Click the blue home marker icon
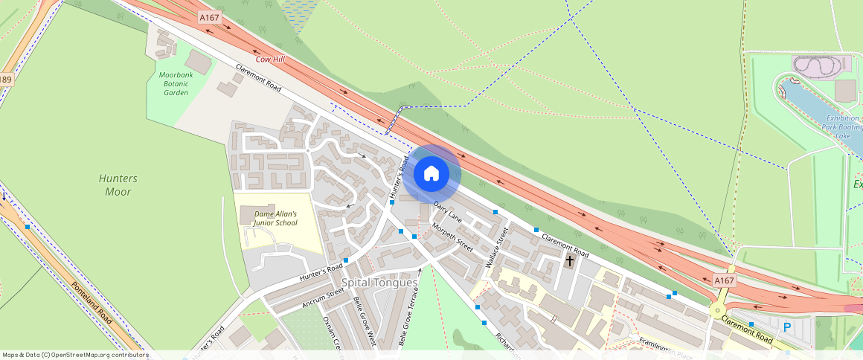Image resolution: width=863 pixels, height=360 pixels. pos(431,174)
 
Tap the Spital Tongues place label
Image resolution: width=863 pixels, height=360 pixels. pos(376,283)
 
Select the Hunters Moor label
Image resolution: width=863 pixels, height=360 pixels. pos(118,185)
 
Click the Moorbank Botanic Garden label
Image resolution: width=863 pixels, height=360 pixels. pos(176,83)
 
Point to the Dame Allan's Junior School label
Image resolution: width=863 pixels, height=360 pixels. pos(275,218)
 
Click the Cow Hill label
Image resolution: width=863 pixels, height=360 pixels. pos(270,59)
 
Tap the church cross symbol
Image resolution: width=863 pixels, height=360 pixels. pos(571,261)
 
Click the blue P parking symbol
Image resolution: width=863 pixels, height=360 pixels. pos(786,327)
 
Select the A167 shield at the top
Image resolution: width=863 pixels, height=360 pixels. pos(210,16)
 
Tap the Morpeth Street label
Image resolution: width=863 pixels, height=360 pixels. pos(452,238)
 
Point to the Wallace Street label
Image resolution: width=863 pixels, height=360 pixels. pos(496,248)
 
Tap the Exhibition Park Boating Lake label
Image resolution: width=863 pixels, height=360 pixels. pos(841,127)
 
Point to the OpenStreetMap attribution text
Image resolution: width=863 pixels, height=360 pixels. pos(76,355)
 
